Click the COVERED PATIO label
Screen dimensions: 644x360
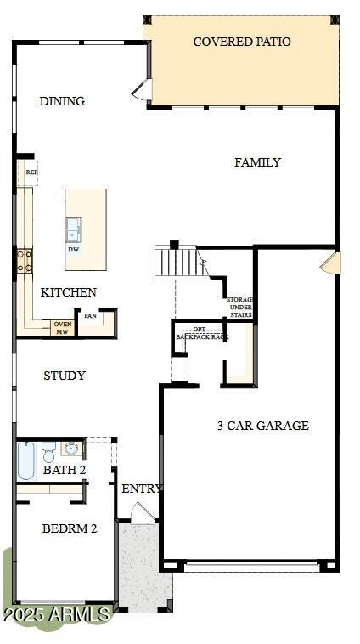click(241, 42)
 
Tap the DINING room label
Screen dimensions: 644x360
click(62, 101)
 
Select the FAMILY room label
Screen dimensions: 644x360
click(257, 162)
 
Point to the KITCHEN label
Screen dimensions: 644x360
click(68, 292)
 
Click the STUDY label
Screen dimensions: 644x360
click(65, 376)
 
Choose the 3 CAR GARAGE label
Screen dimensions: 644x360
click(262, 426)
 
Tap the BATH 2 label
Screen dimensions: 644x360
click(65, 470)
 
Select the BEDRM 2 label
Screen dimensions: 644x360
click(70, 528)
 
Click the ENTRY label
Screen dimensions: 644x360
click(142, 489)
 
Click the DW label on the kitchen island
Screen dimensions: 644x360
click(74, 250)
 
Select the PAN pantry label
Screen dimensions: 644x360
click(90, 316)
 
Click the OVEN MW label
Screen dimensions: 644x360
click(62, 328)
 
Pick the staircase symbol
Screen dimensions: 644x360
click(176, 262)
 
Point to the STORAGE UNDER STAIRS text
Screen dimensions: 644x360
click(240, 308)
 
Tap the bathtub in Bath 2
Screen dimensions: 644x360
click(26, 460)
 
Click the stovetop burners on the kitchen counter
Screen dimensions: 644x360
click(24, 261)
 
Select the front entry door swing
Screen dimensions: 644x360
click(142, 512)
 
